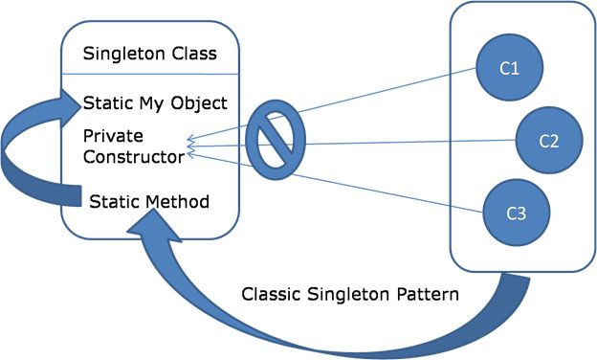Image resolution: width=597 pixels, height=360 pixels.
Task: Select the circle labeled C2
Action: click(x=549, y=141)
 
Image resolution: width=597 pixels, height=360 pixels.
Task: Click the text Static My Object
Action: click(x=154, y=102)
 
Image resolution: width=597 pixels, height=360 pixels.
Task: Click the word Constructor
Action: click(x=131, y=153)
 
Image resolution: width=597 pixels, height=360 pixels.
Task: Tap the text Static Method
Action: click(x=149, y=202)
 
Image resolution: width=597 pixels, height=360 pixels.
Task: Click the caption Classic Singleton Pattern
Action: click(x=350, y=294)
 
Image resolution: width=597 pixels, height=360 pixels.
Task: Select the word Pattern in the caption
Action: click(x=430, y=294)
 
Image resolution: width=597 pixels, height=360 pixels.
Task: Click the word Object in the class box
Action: click(x=202, y=102)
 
